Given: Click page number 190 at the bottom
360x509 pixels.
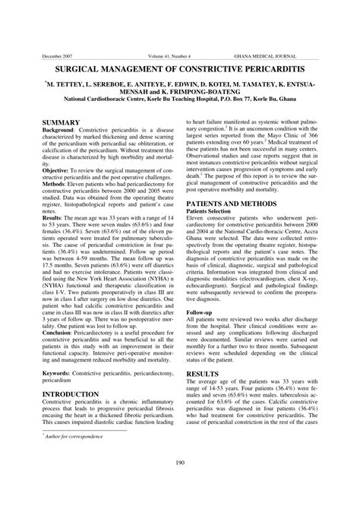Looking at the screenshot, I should (x=181, y=484).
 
